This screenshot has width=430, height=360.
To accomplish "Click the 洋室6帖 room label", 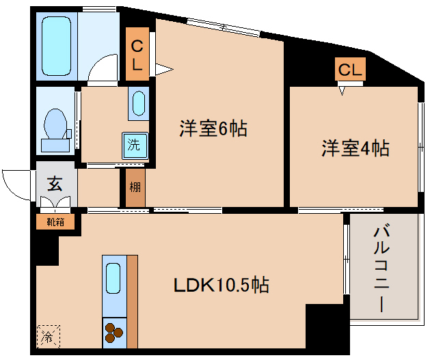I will (x=213, y=128).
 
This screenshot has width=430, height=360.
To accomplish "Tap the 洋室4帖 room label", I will (x=355, y=148).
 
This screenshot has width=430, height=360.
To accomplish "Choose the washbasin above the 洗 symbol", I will (x=138, y=104).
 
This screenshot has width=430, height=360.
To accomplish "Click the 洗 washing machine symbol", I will (x=135, y=145).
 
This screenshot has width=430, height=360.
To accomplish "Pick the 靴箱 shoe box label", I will (x=55, y=221).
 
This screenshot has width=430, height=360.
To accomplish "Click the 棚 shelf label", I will (x=134, y=188).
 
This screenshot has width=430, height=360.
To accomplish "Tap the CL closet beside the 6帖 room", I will (x=137, y=55).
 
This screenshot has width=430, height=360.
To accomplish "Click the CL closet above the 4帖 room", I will (x=349, y=70).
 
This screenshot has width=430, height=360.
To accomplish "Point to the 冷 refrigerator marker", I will (x=48, y=336).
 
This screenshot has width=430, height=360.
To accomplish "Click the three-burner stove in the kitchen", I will (x=113, y=333).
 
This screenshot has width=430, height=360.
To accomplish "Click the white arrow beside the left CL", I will (x=163, y=68).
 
